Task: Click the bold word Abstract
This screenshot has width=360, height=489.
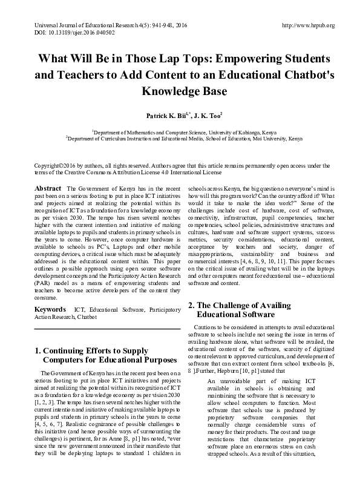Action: point(48,189)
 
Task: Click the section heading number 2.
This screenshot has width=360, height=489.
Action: point(191,304)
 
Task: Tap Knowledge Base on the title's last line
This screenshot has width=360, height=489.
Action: point(180,93)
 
